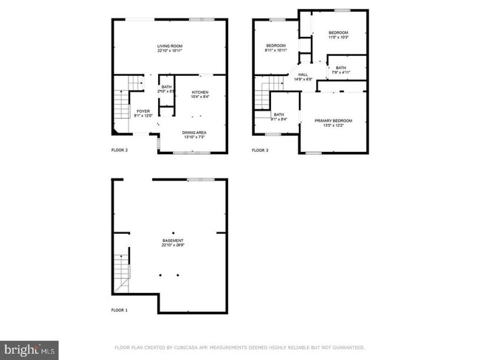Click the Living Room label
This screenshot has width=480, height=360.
pos(170,48)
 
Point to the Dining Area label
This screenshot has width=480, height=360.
pos(195,135)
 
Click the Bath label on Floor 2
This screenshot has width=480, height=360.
pos(166,89)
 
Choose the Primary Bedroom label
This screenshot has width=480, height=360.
pos(333,122)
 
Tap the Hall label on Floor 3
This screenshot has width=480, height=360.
pos(304,76)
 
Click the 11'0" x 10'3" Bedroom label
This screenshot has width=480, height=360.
pos(338,35)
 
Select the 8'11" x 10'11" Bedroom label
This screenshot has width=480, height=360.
pos(276,49)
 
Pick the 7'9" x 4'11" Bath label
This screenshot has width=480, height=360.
pos(340,70)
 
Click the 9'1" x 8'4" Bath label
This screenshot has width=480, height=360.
pos(278,117)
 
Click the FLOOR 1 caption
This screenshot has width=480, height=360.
pos(119,311)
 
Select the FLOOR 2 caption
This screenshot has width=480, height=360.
pos(119,150)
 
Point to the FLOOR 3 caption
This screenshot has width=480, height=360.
pos(260,150)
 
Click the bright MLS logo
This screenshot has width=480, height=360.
pos(29,347)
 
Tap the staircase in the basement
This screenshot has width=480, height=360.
pos(122,271)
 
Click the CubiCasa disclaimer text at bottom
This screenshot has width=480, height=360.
pos(239,347)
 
